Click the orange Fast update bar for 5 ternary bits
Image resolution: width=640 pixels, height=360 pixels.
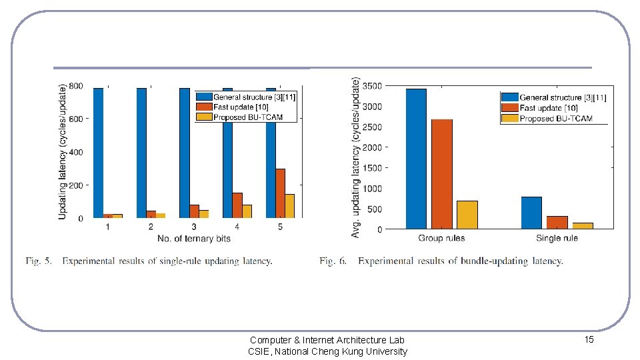pos(281,193)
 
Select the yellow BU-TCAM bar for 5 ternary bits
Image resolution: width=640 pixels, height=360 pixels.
pos(290,206)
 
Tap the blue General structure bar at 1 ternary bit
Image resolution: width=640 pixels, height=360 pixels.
pos(99,153)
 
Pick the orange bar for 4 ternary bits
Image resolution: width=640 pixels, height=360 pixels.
pos(237,205)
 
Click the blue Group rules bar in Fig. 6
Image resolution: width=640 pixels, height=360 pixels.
pos(416,159)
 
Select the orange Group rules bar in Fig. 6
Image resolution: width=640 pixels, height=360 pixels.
pos(441,174)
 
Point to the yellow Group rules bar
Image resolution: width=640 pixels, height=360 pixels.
pos(467,215)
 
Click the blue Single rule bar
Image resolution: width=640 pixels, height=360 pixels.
pos(531,213)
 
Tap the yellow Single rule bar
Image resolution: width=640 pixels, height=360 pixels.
pos(583,226)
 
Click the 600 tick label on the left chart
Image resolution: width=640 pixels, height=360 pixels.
pos(75,119)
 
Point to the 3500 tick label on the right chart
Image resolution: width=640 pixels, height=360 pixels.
pos(372,86)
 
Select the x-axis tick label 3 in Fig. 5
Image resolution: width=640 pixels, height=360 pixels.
pos(194,227)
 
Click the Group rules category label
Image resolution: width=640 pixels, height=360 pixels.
pos(441,238)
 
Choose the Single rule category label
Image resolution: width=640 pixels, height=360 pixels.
pos(557,238)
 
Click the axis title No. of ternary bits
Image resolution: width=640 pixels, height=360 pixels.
pos(194,239)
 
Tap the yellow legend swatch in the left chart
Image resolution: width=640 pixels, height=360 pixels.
pos(204,117)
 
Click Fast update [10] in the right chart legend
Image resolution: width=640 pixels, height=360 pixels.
pos(549,108)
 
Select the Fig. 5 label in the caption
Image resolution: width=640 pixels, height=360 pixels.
pos(39,261)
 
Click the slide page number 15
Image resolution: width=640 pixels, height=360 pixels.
pos(589,339)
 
